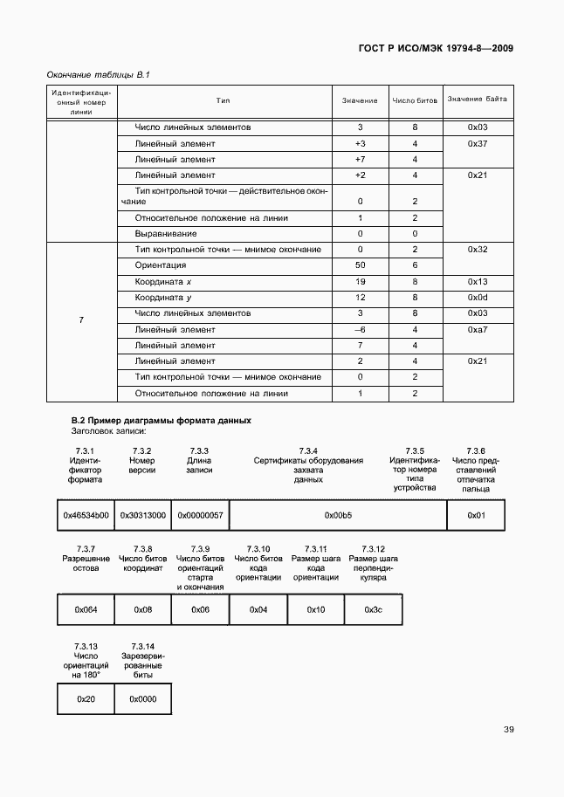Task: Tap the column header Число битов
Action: pyautogui.click(x=415, y=100)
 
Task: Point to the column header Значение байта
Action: pyautogui.click(x=477, y=100)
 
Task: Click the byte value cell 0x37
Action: pyautogui.click(x=477, y=143)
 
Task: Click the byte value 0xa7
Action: pyautogui.click(x=477, y=329)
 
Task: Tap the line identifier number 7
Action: pyautogui.click(x=81, y=321)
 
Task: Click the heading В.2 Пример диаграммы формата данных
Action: pyautogui.click(x=161, y=420)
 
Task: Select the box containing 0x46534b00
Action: pyautogui.click(x=86, y=515)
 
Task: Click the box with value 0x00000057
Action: pyautogui.click(x=200, y=515)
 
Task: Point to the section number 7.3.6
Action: pyautogui.click(x=476, y=450)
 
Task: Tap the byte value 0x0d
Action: pyautogui.click(x=477, y=298)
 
